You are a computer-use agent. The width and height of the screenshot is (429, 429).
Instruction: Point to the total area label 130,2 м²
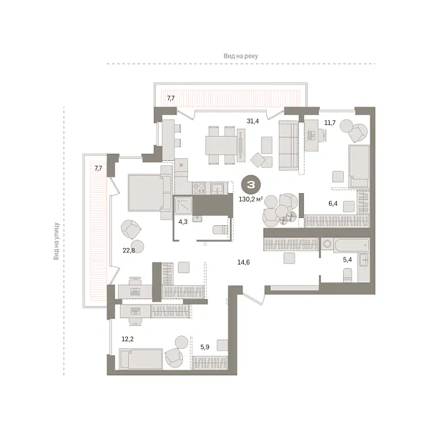pyautogui.click(x=251, y=199)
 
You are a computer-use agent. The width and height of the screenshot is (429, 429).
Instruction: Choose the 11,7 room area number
pyautogui.click(x=330, y=122)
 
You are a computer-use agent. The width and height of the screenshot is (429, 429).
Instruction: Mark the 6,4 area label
pyautogui.click(x=333, y=203)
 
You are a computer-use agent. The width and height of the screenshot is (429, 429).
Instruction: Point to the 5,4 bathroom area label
pyautogui.click(x=348, y=260)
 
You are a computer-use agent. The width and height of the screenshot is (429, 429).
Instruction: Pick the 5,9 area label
pyautogui.click(x=205, y=347)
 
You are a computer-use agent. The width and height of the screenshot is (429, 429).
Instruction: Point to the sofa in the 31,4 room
pyautogui.click(x=288, y=145)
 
